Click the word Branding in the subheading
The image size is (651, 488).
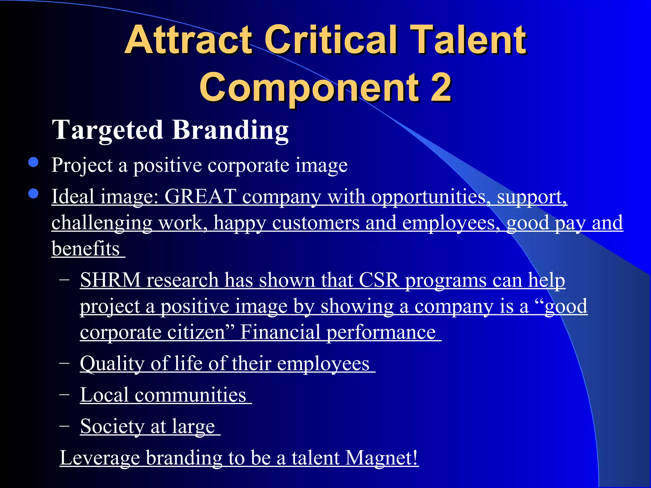(x=230, y=130)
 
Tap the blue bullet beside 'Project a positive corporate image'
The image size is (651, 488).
(x=33, y=162)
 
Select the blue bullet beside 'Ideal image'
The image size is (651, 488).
(x=33, y=193)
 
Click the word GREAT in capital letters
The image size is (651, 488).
(x=200, y=196)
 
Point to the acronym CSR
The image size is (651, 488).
(x=379, y=280)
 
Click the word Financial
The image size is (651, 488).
(x=280, y=332)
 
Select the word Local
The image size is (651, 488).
(x=104, y=395)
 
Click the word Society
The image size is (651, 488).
(x=112, y=426)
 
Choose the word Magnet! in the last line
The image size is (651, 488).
(x=381, y=458)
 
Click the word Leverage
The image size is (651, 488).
(x=100, y=458)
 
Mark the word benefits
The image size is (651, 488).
(x=86, y=248)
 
